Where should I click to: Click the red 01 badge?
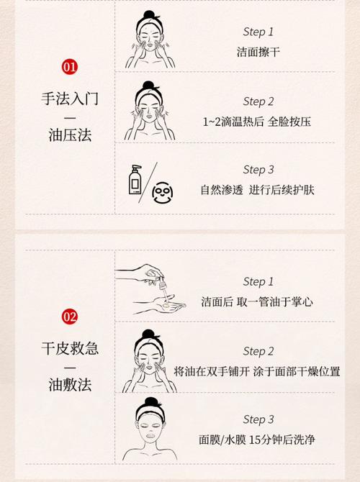coord(70,67)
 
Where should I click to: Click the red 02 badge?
coord(70,317)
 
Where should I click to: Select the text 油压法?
coord(70,134)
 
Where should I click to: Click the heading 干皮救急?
coord(70,349)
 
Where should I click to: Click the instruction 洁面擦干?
coord(258,52)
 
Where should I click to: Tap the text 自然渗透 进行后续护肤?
coord(258,190)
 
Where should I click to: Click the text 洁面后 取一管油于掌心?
coord(258,301)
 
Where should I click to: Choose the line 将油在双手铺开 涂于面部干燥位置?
coord(257,371)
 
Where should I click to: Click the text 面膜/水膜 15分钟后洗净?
coord(258,439)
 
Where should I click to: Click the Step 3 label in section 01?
coord(258,170)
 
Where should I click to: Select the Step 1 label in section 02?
coord(258,281)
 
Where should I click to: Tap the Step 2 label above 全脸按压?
coord(258,101)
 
